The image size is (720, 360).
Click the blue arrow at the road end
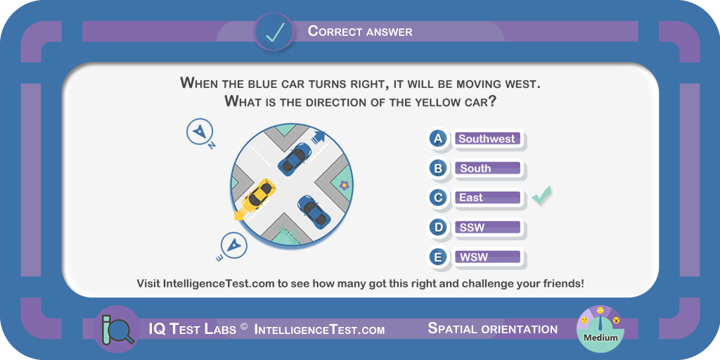click(319, 136)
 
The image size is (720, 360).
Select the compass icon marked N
click(200, 131)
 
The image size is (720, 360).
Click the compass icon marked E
click(234, 245)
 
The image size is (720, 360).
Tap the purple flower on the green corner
click(344, 185)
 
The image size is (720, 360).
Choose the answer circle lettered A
click(439, 139)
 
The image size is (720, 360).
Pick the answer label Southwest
click(487, 139)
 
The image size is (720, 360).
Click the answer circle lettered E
click(439, 257)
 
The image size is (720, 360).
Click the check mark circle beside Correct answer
click(275, 32)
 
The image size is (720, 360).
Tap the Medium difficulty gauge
click(600, 328)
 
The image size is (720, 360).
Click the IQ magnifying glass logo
click(116, 329)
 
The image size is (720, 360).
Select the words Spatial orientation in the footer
click(493, 329)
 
